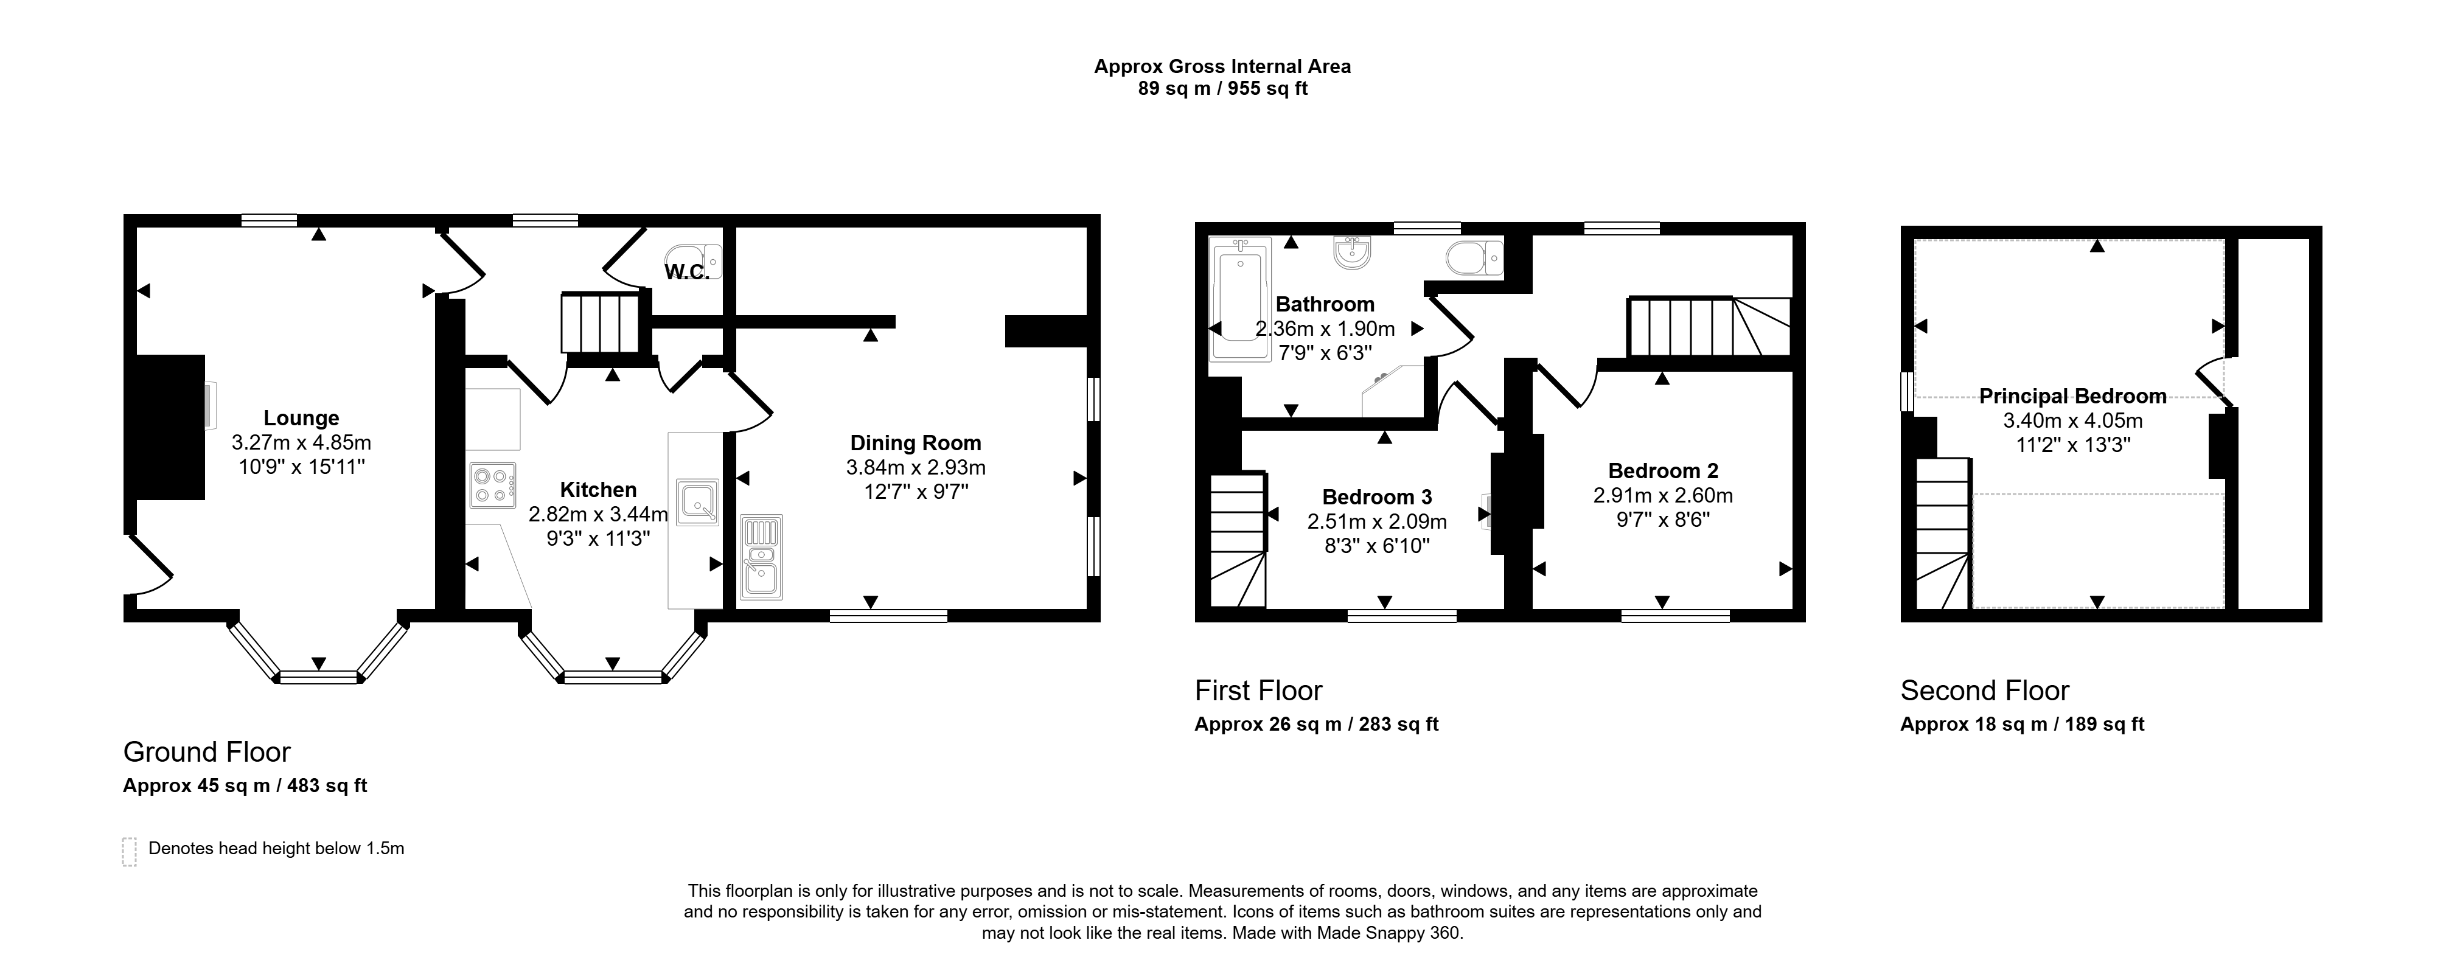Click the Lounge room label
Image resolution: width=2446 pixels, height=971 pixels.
pos(301,417)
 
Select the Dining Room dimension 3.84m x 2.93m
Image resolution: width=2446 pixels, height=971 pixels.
pos(915,467)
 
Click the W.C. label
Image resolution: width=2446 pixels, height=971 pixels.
pos(686,273)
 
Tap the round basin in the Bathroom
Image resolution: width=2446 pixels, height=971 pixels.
pos(1351,251)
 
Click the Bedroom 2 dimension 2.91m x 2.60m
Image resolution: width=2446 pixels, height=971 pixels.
pos(1663,495)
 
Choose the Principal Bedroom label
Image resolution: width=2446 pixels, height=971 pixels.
pos(2073,396)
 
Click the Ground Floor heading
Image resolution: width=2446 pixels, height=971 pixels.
pos(207,752)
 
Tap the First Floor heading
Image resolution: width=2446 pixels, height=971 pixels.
pos(1258,690)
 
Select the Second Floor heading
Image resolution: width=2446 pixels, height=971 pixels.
pos(1985,690)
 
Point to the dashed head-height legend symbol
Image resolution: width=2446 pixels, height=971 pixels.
pos(129,851)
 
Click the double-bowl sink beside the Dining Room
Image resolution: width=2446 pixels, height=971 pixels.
pos(762,557)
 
